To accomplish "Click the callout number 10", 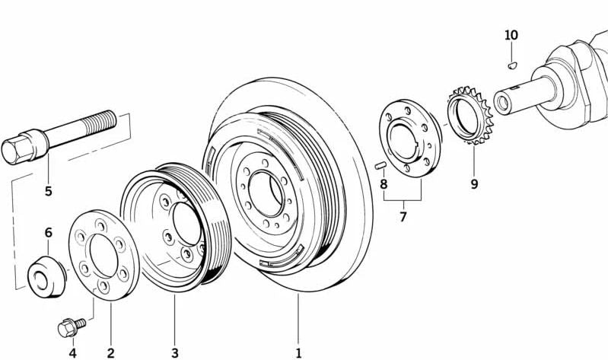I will (511, 35).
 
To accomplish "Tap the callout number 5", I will (48, 190).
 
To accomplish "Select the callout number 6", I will (48, 233).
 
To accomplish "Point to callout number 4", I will (72, 352).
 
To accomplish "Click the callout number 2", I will (110, 352).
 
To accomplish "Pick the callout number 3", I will (174, 352).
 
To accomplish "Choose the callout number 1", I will (298, 352).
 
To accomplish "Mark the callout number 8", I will (384, 183).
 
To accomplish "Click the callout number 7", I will (403, 217).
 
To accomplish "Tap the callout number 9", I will (473, 183).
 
